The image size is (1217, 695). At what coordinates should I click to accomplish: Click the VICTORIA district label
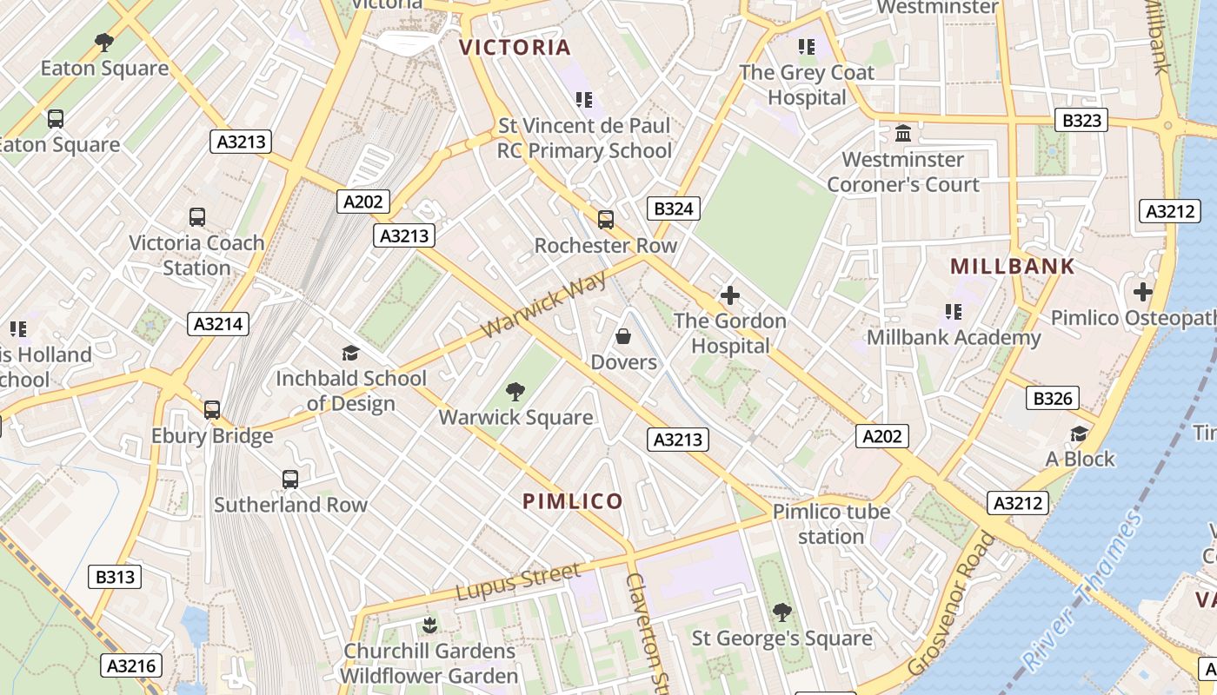click(515, 47)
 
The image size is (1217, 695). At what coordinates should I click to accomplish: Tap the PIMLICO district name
click(573, 501)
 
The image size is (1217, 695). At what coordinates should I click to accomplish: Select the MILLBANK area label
click(1013, 267)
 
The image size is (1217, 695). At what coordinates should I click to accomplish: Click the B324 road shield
click(674, 208)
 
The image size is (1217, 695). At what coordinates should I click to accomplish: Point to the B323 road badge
click(1081, 120)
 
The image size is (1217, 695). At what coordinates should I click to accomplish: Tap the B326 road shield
click(1053, 399)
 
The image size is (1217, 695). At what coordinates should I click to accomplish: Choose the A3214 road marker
click(218, 324)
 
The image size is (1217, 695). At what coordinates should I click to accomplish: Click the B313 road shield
click(115, 576)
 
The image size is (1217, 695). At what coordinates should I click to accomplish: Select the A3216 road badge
click(131, 666)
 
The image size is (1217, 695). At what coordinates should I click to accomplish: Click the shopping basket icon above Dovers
click(623, 336)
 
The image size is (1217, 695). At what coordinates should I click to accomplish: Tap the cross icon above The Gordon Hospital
click(730, 295)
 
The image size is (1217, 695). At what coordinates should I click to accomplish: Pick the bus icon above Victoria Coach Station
click(197, 217)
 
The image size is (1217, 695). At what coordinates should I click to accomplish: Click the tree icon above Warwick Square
click(515, 392)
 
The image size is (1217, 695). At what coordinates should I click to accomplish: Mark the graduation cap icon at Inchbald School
click(350, 353)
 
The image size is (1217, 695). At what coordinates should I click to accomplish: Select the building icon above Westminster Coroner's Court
click(903, 134)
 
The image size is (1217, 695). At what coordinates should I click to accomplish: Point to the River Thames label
click(1083, 592)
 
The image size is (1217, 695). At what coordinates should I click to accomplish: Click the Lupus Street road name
click(517, 581)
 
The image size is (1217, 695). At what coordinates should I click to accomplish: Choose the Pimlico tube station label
click(831, 524)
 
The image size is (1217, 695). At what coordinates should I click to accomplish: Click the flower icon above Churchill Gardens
click(429, 625)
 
